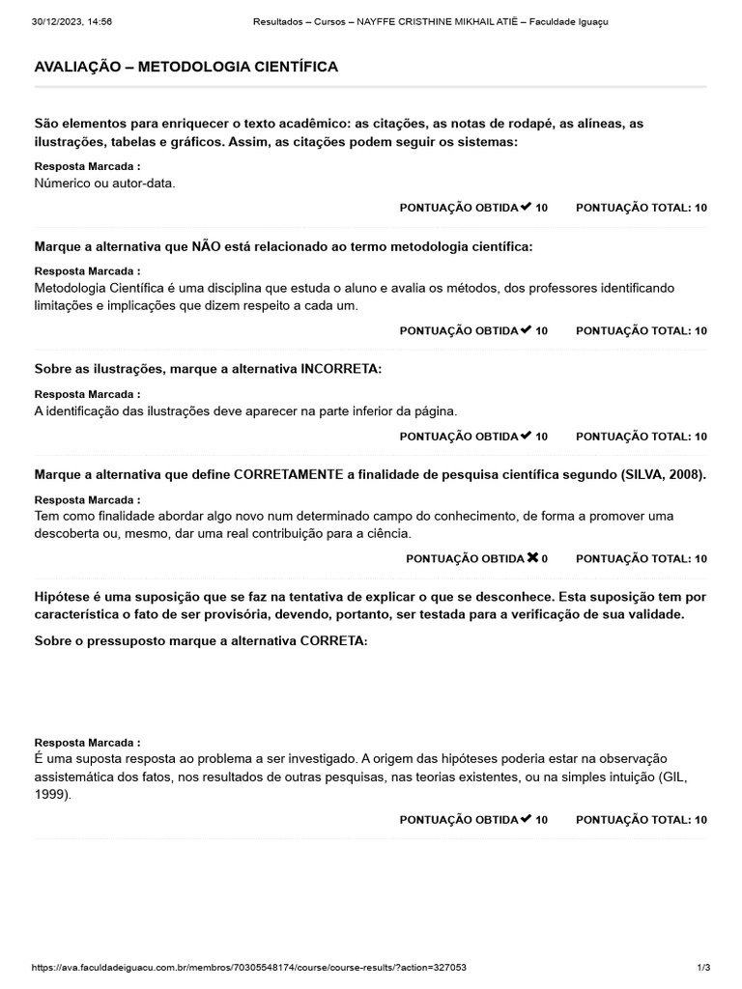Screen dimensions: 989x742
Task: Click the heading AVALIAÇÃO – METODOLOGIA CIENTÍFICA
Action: click(x=185, y=67)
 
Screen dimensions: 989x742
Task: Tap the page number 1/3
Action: click(x=702, y=967)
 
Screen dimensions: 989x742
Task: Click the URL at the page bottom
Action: click(x=249, y=967)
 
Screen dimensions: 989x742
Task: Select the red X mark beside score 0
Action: click(x=532, y=558)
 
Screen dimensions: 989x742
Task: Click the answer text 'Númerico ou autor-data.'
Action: click(x=104, y=183)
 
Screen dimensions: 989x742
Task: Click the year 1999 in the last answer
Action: click(x=50, y=795)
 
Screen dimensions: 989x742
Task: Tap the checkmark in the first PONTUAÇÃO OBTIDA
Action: click(x=526, y=207)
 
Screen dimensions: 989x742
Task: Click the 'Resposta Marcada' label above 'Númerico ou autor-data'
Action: click(x=87, y=166)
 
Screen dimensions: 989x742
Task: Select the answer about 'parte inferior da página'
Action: click(x=245, y=410)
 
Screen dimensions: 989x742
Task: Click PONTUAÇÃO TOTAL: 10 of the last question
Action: click(x=641, y=820)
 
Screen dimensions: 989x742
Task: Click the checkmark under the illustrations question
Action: click(x=526, y=436)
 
